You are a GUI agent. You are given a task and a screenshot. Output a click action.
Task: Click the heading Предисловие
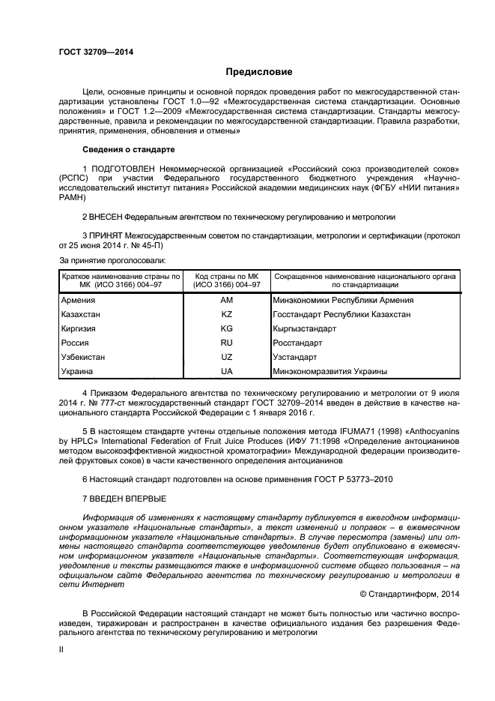(259, 72)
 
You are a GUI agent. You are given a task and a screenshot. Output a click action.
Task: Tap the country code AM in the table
(227, 300)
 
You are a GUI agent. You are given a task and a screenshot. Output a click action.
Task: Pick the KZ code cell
(227, 314)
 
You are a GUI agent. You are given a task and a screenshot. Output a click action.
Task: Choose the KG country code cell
(227, 328)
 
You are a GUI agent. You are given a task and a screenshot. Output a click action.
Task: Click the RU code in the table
(227, 343)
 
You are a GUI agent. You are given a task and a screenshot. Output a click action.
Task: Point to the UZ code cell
(227, 357)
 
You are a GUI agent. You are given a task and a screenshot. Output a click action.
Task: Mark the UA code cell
(227, 371)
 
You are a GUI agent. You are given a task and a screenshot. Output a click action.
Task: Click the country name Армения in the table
(78, 300)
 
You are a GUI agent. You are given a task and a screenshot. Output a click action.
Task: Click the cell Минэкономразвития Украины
(330, 371)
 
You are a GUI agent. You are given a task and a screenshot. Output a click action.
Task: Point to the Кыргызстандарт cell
(305, 328)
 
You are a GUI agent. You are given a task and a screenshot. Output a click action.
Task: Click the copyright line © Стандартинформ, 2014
(410, 593)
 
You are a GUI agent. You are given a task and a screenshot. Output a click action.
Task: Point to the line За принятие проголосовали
(112, 260)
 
